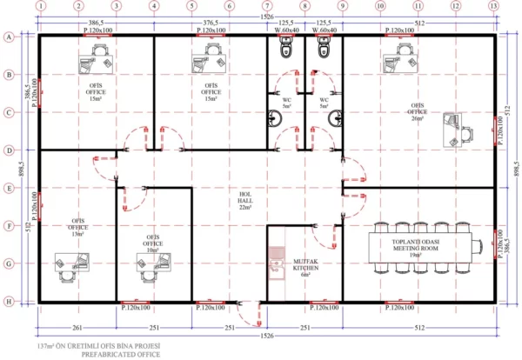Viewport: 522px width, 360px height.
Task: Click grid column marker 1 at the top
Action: pyautogui.click(x=41, y=6)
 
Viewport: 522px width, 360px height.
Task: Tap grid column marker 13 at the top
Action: pyautogui.click(x=494, y=6)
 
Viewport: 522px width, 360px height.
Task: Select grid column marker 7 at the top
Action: pyautogui.click(x=267, y=6)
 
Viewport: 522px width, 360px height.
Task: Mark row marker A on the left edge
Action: pyautogui.click(x=9, y=37)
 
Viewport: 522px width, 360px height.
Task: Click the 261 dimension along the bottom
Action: pyautogui.click(x=77, y=327)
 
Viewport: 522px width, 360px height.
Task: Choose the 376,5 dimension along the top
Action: pyautogui.click(x=211, y=22)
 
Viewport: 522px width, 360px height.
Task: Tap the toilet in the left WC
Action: pyautogui.click(x=284, y=51)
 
